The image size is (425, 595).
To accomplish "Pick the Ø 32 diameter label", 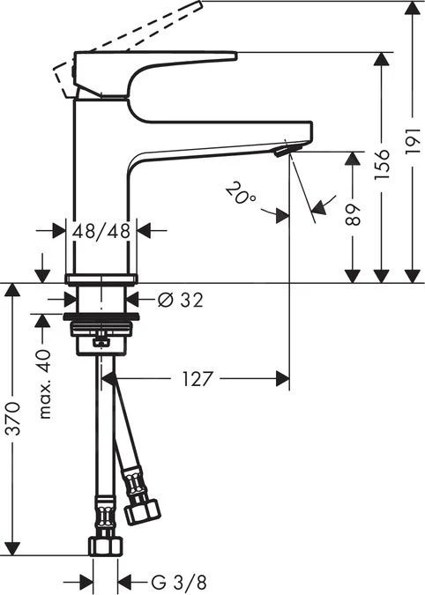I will click(x=180, y=300).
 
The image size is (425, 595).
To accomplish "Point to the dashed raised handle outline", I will click(x=132, y=35).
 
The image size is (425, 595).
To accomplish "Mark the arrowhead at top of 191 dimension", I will click(x=413, y=9).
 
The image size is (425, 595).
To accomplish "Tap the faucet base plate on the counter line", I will click(x=101, y=279).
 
